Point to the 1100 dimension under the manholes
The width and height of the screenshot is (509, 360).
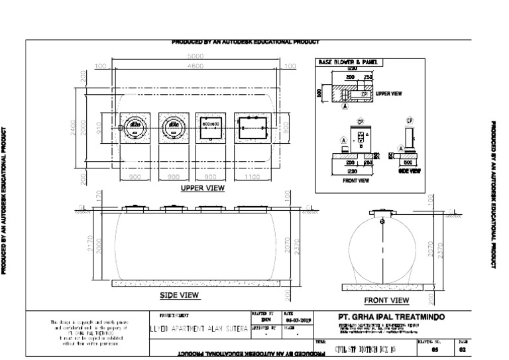click(253, 178)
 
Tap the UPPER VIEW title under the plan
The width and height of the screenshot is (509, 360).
click(203, 188)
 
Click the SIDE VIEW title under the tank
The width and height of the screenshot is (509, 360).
click(180, 294)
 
